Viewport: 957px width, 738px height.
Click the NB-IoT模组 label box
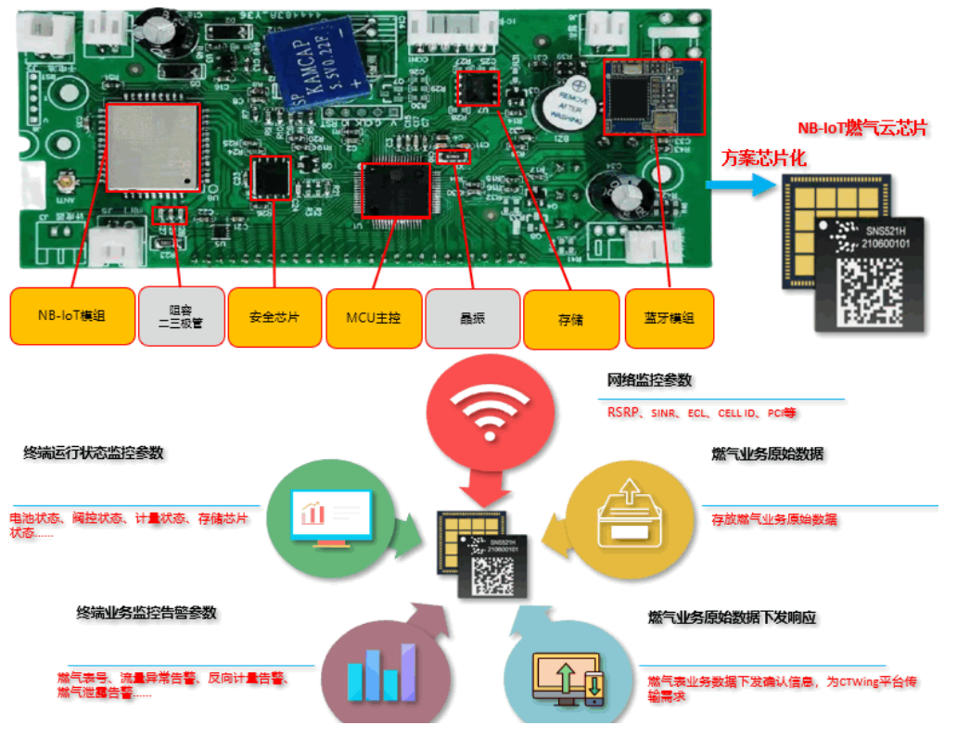coord(72,316)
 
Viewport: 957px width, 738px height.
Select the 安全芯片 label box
coord(274,316)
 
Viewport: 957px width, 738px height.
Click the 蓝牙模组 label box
coord(669,318)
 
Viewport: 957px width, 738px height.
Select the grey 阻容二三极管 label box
coord(181,316)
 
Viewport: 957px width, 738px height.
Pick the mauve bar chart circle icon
coord(380,671)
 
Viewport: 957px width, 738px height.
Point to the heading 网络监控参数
coord(649,380)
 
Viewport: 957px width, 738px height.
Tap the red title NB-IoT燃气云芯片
coord(862,129)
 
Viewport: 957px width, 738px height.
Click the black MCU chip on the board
coord(396,191)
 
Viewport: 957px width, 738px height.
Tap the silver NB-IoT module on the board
coord(153,146)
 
